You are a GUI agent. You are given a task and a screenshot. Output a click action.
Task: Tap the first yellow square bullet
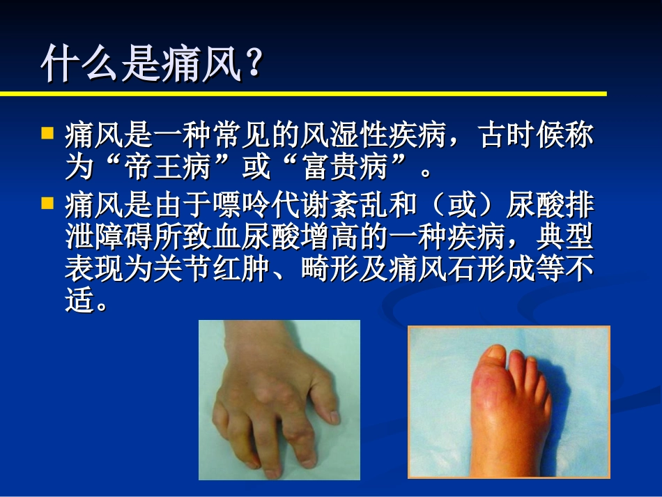[47, 132]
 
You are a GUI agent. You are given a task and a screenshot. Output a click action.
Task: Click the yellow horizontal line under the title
[303, 93]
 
